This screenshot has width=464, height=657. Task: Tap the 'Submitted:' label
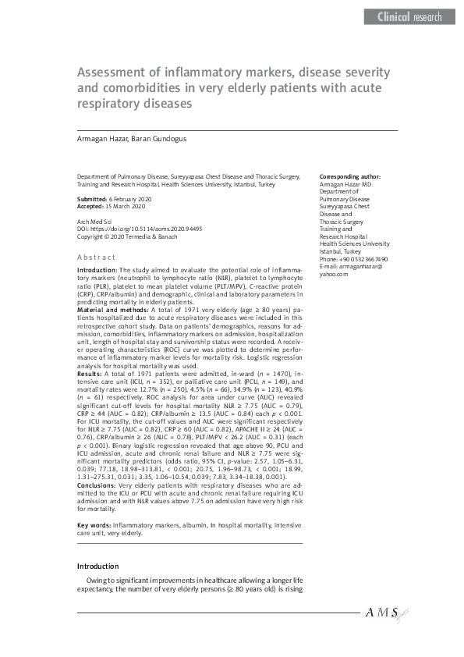pyautogui.click(x=94, y=200)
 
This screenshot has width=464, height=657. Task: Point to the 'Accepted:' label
pyautogui.click(x=93, y=207)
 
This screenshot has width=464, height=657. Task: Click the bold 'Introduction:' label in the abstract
pyautogui.click(x=97, y=269)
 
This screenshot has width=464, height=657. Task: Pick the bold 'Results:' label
pyautogui.click(x=90, y=375)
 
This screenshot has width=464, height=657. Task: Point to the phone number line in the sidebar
pyautogui.click(x=354, y=259)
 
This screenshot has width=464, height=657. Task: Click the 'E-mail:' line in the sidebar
pyautogui.click(x=352, y=267)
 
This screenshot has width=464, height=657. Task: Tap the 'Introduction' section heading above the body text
pyautogui.click(x=97, y=566)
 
